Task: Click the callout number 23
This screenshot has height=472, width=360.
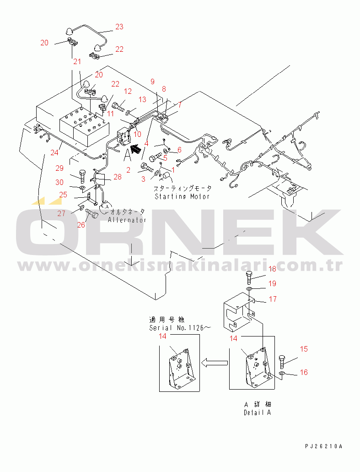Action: [119, 27]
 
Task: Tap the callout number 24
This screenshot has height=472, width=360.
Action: [55, 152]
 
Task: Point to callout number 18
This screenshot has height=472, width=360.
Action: [272, 269]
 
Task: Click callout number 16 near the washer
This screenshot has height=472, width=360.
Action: [304, 373]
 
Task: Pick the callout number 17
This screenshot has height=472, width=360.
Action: [273, 299]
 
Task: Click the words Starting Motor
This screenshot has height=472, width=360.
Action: [182, 196]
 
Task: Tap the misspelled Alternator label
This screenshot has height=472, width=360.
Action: [127, 220]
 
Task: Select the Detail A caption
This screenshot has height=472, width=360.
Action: [257, 412]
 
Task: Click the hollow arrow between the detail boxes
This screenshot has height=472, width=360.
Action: [215, 363]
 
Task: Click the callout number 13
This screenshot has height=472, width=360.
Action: [142, 99]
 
